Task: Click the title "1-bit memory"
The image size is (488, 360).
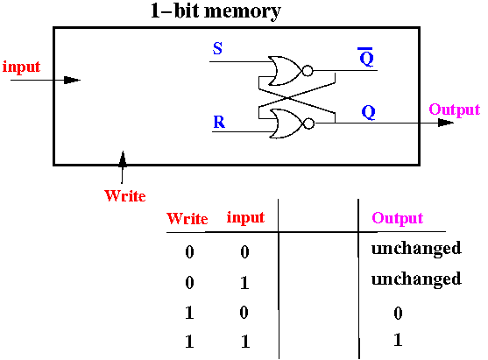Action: (216, 11)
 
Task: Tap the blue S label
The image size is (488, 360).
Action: (217, 48)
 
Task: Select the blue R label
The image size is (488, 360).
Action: (219, 122)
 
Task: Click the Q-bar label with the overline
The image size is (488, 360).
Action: (366, 57)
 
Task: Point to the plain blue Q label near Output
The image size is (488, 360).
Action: (369, 112)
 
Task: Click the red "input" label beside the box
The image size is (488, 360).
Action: (22, 67)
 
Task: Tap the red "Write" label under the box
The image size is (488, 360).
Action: (125, 195)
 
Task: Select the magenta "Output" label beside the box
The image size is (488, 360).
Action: (455, 109)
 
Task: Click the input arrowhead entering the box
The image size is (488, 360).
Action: (72, 80)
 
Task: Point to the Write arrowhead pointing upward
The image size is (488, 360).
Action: (123, 159)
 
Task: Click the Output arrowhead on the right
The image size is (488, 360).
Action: (446, 123)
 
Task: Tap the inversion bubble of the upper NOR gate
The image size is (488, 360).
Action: (308, 71)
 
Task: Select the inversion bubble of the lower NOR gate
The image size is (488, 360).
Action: (308, 124)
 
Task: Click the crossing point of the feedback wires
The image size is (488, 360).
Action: (288, 98)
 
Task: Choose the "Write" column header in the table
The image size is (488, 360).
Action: (187, 218)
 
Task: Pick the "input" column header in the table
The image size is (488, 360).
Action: (245, 217)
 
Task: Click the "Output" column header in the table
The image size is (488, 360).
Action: (398, 218)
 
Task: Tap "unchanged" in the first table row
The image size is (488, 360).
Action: (416, 249)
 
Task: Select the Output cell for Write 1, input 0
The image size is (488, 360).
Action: (398, 313)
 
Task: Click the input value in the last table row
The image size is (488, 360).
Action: (245, 342)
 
